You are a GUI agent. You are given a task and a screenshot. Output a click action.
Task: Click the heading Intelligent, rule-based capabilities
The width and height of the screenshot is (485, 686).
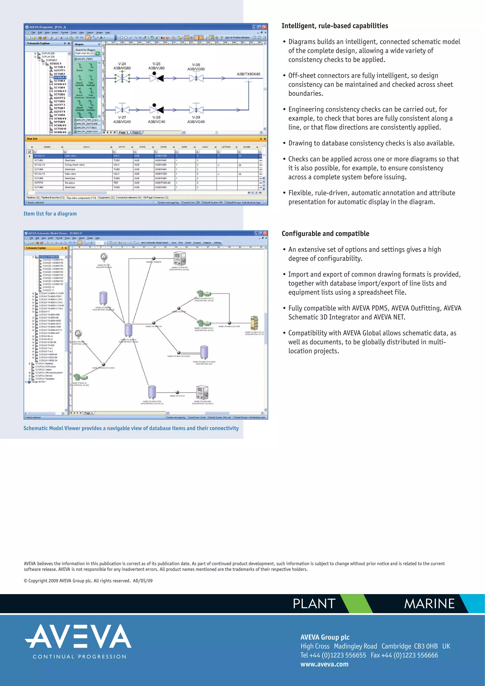coord(335,26)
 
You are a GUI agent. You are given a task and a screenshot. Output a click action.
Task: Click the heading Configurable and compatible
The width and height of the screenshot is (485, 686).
coord(325,234)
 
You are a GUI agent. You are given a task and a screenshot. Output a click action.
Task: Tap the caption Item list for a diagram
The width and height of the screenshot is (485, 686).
coord(50,214)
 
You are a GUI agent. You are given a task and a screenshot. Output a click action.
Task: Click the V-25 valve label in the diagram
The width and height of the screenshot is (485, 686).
coord(156,64)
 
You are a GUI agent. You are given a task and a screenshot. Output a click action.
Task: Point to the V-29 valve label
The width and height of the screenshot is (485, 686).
coord(196,117)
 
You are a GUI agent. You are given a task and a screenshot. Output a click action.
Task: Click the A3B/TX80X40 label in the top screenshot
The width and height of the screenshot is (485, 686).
coord(248,74)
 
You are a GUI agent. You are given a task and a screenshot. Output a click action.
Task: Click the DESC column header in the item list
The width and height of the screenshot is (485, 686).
coord(86,147)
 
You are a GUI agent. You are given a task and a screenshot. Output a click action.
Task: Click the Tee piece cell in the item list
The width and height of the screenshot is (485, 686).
coord(70,183)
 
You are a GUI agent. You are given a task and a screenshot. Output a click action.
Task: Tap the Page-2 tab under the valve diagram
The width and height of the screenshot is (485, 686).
coord(137,132)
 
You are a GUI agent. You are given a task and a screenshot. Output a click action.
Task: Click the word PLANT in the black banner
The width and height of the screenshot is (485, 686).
coord(314,604)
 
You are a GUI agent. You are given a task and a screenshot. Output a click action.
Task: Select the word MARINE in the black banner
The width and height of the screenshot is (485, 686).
coord(429,604)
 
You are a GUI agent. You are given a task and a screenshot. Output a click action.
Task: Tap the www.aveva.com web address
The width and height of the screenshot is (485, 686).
coord(324,664)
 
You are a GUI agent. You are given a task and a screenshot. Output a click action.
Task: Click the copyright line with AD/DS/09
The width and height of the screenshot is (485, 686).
coord(88,581)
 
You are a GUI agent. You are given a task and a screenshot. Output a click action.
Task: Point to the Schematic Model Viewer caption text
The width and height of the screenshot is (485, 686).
coord(131,428)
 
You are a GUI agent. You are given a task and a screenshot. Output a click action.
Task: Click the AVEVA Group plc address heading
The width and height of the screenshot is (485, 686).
coord(325,637)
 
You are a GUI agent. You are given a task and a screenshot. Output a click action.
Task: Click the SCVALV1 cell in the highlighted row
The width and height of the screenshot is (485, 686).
coord(40,156)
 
